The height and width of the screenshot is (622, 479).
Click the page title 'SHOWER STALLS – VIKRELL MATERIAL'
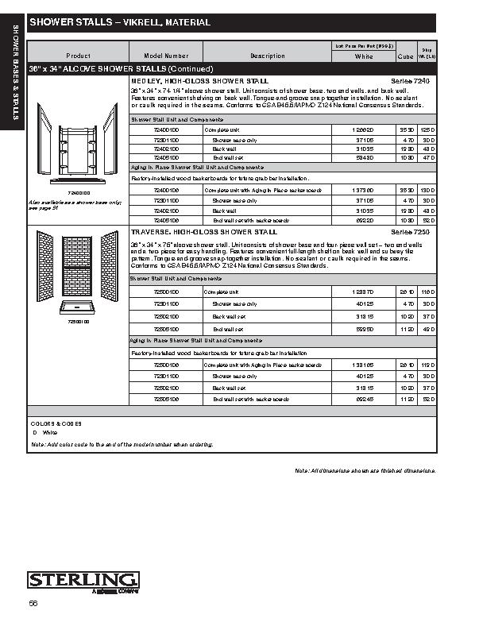tap(120, 23)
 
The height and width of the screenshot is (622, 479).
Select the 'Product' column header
tap(78, 56)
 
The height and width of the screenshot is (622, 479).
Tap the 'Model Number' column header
tap(166, 56)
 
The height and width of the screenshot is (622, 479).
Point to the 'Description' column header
tap(267, 56)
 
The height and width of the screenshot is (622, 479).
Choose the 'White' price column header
tap(364, 57)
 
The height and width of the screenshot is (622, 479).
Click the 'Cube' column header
tap(405, 57)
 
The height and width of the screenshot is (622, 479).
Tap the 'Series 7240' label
tap(410, 82)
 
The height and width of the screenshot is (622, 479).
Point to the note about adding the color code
tap(122, 444)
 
